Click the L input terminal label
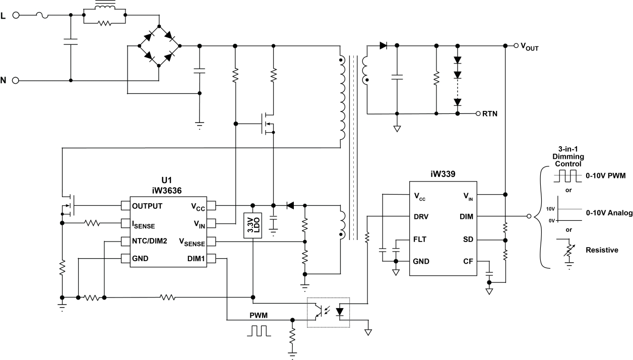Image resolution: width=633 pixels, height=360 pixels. (5, 15)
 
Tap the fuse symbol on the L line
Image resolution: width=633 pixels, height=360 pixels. (45, 16)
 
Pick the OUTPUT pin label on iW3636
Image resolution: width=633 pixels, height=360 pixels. (147, 206)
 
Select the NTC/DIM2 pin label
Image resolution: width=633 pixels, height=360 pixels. (150, 241)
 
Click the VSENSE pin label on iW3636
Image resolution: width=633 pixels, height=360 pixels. (193, 242)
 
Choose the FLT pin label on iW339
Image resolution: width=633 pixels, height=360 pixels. (420, 239)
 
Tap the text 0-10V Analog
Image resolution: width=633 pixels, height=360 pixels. (609, 214)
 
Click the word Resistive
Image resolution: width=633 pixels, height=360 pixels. (602, 250)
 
